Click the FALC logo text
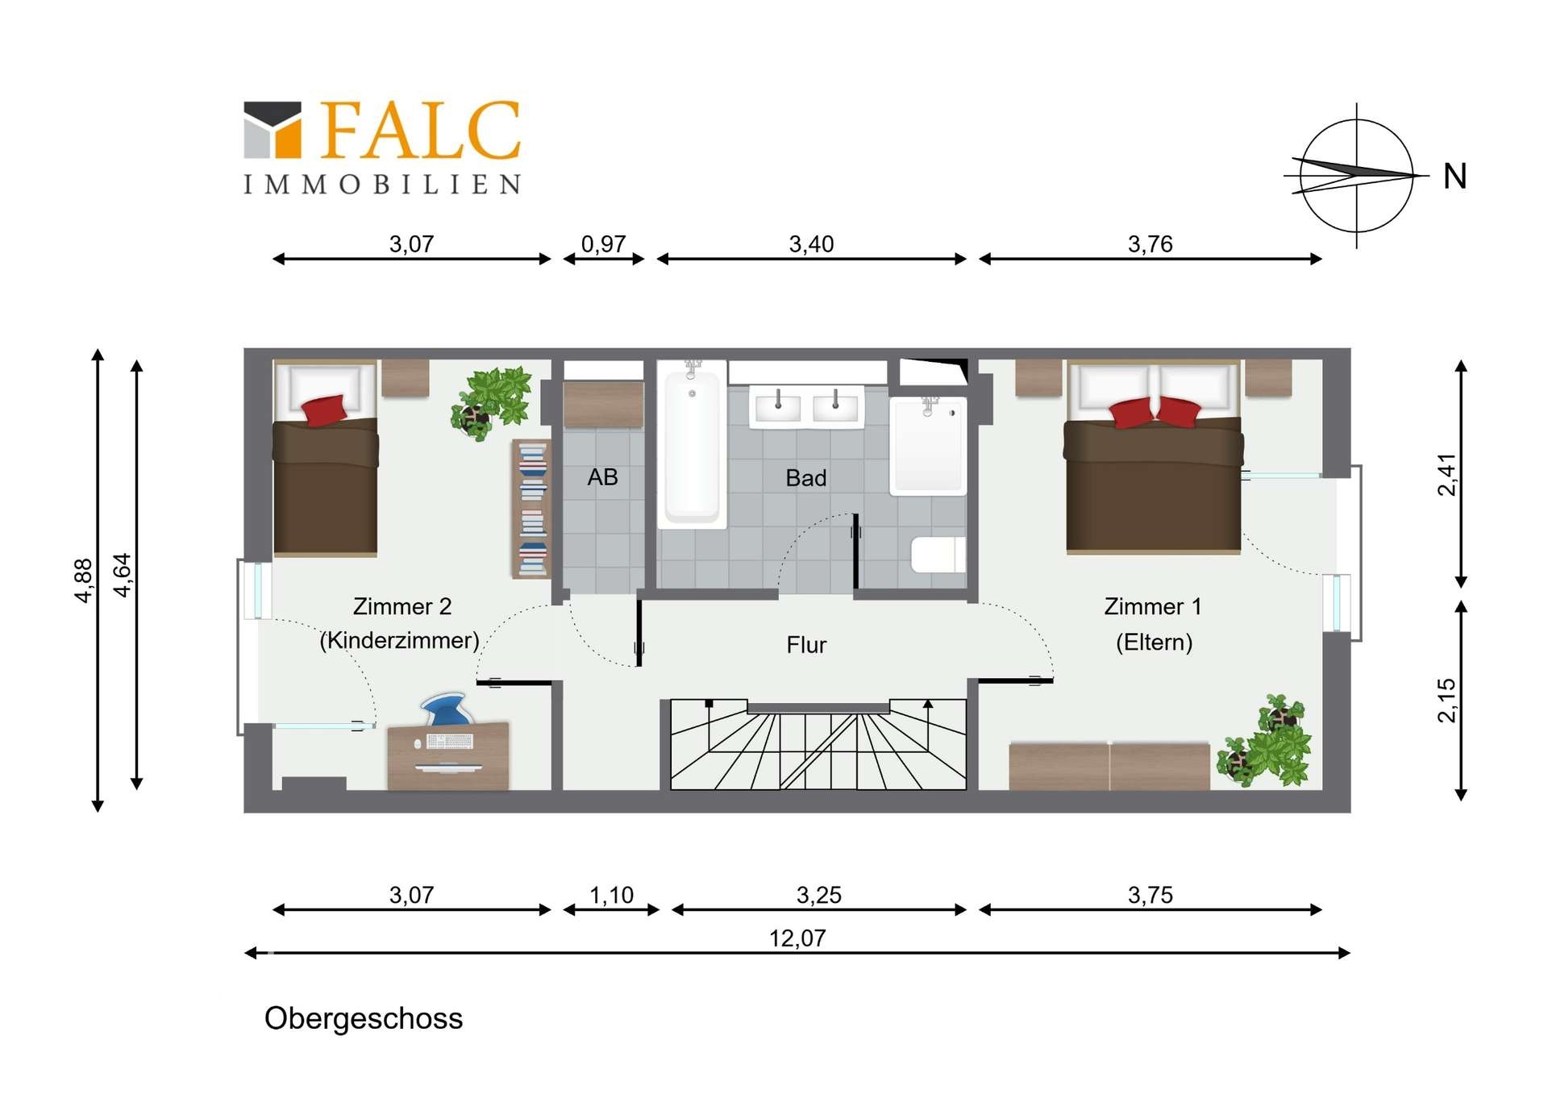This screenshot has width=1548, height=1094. coord(421,130)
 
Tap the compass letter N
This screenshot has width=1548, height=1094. coord(1454,177)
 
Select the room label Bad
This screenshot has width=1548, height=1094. coord(805,478)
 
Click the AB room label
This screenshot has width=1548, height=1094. coord(602,477)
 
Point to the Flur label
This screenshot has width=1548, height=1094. coord(806,645)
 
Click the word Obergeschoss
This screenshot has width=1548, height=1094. coord(364,1018)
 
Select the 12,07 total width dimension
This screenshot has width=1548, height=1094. coord(797,938)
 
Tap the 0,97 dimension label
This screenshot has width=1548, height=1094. coord(603,243)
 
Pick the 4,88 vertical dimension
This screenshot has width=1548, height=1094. coord(84,580)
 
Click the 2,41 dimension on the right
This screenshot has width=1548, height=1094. coord(1447,475)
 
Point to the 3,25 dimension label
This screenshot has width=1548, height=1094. coord(818,895)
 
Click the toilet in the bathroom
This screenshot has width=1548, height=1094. coord(938,555)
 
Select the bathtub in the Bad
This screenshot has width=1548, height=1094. coord(691,447)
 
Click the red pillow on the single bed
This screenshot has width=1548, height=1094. coord(324,409)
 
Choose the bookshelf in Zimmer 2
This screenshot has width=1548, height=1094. coord(531,509)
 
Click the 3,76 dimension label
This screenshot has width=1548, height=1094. coord(1150,243)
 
